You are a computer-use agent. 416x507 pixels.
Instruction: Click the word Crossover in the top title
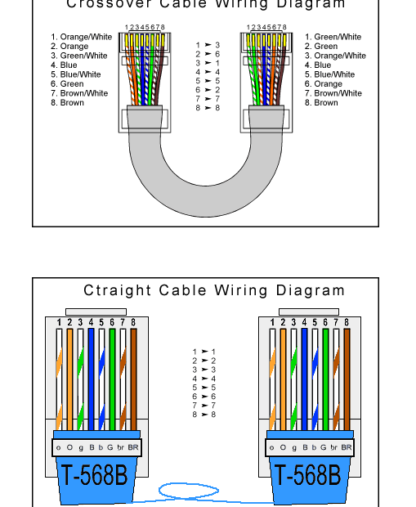point(101,5)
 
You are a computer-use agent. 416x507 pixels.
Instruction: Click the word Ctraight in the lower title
point(118,290)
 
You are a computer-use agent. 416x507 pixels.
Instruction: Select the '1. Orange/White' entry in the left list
point(81,37)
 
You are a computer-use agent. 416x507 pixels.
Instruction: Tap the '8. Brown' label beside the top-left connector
point(67,103)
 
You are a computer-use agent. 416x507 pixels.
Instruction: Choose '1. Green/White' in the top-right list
point(333,37)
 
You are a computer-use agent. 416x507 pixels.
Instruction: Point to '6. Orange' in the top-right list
point(323,84)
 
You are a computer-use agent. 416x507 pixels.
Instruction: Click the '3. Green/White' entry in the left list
point(78,56)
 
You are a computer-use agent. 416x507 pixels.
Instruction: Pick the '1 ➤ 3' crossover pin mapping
point(208,45)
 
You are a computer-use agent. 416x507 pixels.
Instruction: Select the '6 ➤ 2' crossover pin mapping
point(208,90)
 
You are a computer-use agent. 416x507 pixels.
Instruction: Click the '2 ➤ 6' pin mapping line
point(208,54)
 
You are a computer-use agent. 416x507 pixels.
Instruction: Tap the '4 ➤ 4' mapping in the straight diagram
point(204,379)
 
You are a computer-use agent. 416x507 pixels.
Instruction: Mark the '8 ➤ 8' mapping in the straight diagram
point(204,415)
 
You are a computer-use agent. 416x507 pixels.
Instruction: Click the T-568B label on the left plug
point(94,474)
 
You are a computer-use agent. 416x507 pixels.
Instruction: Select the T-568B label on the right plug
point(306,474)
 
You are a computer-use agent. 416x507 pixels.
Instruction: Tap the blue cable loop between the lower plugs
point(188,491)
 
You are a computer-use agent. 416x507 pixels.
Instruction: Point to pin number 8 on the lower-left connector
point(133,323)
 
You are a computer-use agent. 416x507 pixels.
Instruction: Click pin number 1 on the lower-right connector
point(272,323)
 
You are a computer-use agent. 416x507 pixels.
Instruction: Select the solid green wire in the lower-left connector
point(112,376)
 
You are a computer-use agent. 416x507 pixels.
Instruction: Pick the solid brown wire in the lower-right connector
point(347,376)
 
